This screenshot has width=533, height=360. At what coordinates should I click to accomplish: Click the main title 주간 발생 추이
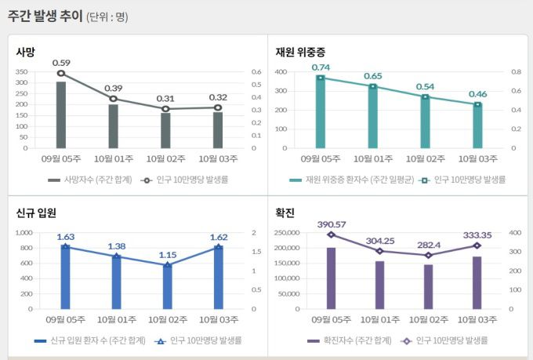[45, 16]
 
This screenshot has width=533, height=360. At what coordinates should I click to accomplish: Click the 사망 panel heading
[26, 52]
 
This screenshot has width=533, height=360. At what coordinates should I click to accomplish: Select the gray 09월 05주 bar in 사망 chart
[61, 115]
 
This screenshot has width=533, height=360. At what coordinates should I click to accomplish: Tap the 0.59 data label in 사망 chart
[61, 63]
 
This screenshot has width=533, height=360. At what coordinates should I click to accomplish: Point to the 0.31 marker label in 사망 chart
[165, 98]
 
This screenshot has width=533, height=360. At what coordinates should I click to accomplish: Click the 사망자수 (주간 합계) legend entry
[90, 180]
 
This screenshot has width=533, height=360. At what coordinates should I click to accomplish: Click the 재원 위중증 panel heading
[299, 52]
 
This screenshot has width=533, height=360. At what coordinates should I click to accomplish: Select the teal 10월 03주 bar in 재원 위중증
[477, 125]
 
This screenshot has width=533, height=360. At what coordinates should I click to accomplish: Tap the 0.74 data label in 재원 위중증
[321, 67]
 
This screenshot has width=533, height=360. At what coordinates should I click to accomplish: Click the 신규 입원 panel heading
[36, 213]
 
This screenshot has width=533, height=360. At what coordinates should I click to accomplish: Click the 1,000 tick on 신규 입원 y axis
[25, 233]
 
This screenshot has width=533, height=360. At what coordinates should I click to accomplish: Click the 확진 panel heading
[285, 213]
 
